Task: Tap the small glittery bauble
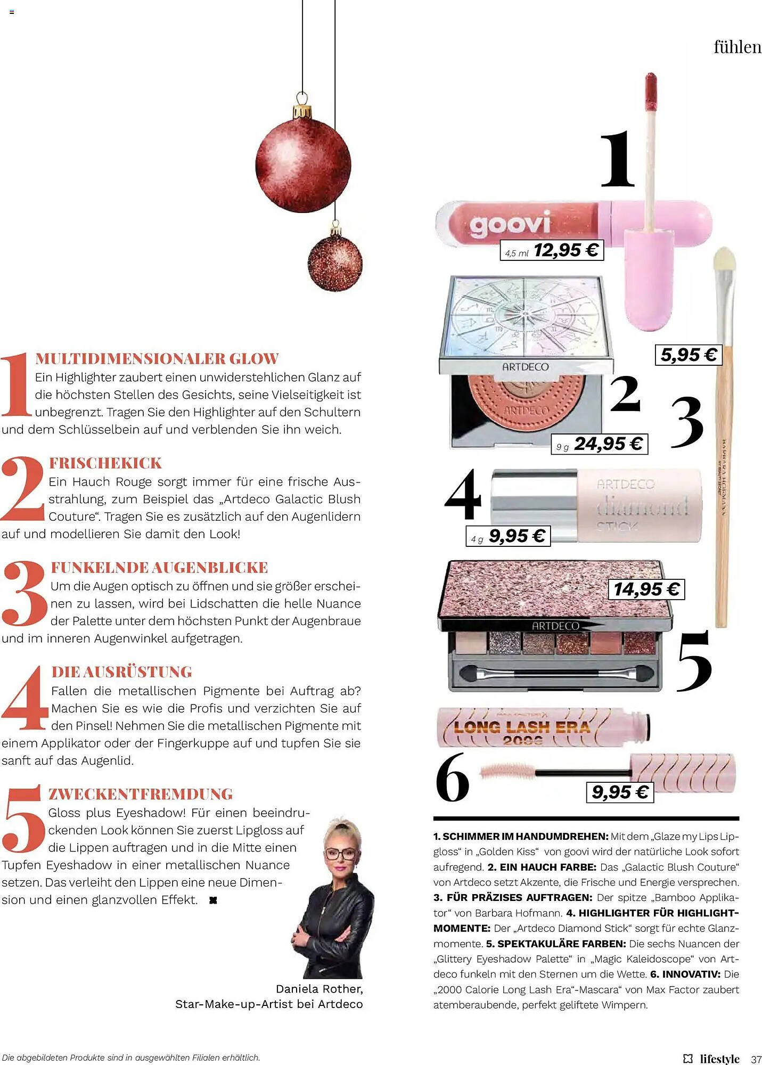click(335, 263)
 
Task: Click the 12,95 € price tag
click(552, 250)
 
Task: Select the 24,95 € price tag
click(599, 444)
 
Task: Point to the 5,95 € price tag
click(688, 355)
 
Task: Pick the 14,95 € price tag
click(646, 589)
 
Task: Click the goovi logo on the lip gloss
click(509, 224)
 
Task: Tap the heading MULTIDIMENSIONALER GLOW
click(157, 359)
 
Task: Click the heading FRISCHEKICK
click(105, 463)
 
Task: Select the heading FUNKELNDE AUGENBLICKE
click(160, 568)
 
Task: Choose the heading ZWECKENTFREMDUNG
click(141, 794)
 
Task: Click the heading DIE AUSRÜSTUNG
click(121, 672)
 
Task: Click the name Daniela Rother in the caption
click(319, 989)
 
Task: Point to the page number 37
click(756, 1059)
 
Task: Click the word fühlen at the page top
click(738, 47)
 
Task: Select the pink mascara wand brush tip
click(506, 771)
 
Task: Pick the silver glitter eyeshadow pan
click(504, 642)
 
